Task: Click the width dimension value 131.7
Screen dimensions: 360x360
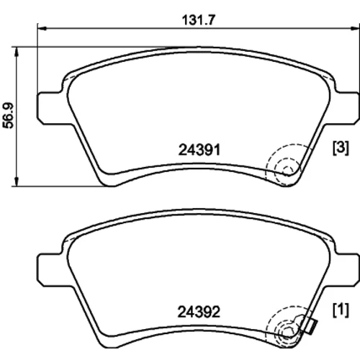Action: pos(199,20)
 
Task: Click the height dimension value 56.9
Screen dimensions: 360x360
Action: pos(8,116)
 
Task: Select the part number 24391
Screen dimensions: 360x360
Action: pos(199,150)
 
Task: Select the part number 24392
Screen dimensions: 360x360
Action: pos(199,312)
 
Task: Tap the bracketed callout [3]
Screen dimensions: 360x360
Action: pos(341,148)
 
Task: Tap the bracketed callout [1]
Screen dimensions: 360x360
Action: pos(341,310)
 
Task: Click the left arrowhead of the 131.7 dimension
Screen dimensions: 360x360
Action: pos(42,29)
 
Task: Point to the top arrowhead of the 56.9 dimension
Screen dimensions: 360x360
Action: pos(17,51)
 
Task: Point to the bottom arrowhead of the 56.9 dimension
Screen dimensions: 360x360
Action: pos(17,181)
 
